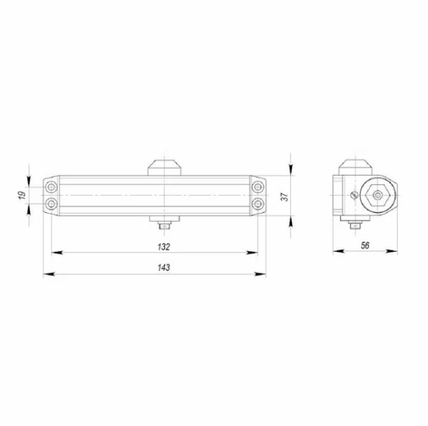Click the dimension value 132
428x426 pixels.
coord(162,246)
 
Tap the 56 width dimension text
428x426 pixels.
coord(365,244)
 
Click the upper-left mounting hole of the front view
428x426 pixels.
coord(51,187)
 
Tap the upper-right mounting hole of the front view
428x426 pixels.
coord(258,187)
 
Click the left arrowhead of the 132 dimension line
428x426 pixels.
coord(55,253)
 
